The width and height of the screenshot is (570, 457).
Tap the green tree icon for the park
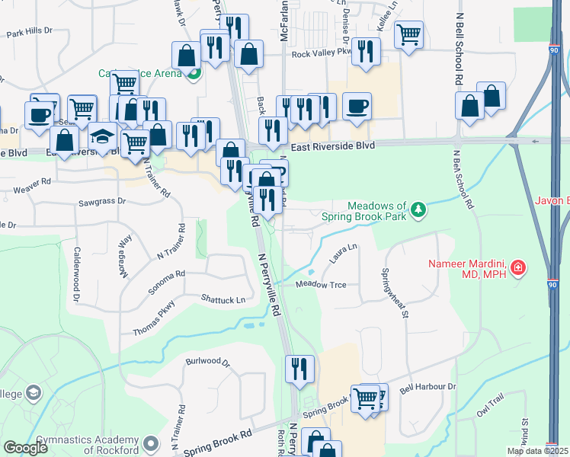click(x=418, y=209)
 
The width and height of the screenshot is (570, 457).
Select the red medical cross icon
click(x=518, y=267)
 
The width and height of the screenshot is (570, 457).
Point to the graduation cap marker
click(x=101, y=139)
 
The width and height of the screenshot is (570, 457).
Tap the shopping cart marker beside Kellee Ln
click(x=409, y=35)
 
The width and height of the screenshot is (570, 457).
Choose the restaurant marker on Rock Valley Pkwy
click(x=367, y=52)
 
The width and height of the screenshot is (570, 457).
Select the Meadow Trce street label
click(x=321, y=285)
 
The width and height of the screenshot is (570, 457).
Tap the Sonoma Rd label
click(x=170, y=274)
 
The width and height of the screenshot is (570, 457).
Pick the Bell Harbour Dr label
click(x=427, y=387)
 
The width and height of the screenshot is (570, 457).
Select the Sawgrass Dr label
click(x=102, y=203)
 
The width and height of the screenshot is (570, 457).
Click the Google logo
click(x=26, y=448)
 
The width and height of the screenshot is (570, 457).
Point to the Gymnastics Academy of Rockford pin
click(x=151, y=443)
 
